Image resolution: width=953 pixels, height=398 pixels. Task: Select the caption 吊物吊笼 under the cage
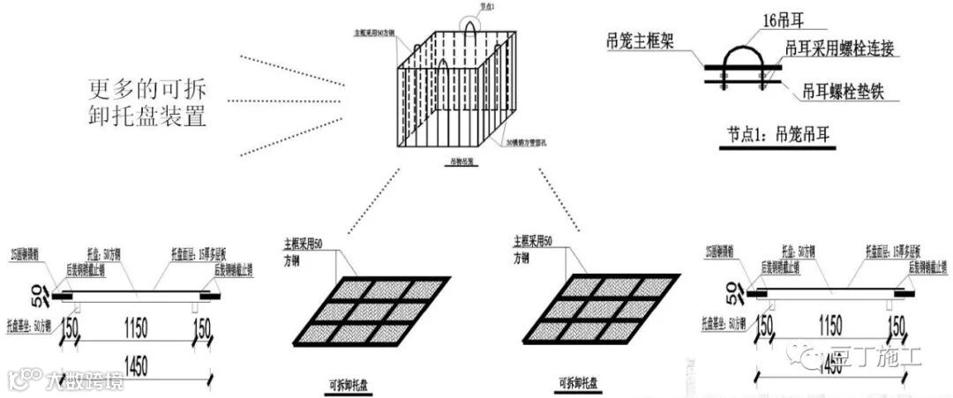coord(461,162)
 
